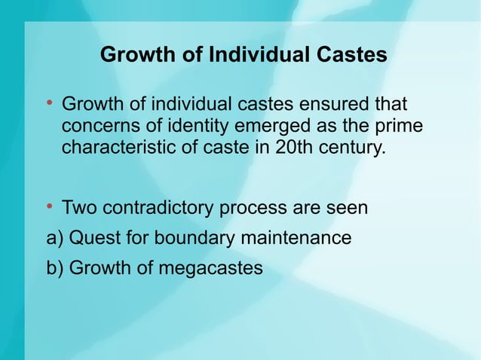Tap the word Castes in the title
351,56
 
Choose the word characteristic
117,145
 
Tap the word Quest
92,239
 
